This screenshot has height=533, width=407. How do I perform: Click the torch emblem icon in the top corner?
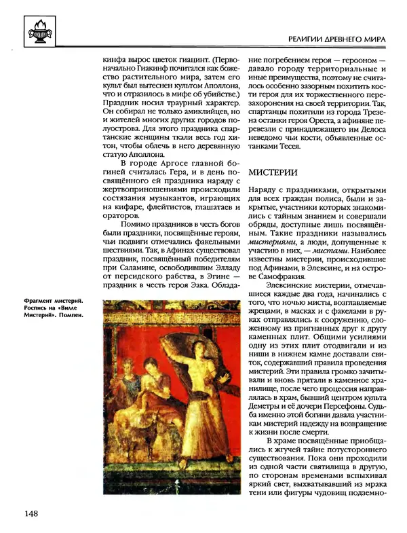coord(32,29)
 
